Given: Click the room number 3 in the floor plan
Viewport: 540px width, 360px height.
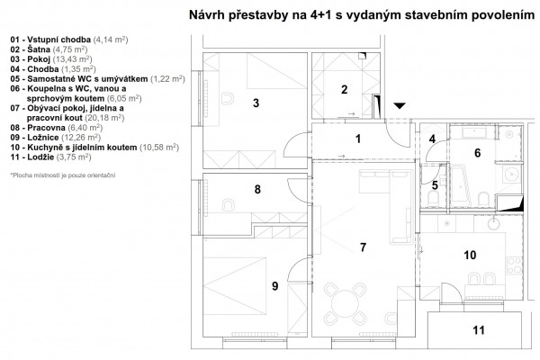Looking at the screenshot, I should [256, 103].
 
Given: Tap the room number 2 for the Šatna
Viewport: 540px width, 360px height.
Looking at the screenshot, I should [344, 88].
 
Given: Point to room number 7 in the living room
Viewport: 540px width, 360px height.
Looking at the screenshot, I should [362, 246].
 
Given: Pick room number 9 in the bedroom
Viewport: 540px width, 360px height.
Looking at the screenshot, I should [274, 286].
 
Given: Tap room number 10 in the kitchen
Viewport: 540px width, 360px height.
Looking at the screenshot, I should [469, 255].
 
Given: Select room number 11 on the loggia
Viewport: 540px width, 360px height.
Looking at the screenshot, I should [478, 330].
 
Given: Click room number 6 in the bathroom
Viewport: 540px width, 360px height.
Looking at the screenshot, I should [478, 153].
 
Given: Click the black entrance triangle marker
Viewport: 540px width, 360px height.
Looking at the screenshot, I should [400, 105].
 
